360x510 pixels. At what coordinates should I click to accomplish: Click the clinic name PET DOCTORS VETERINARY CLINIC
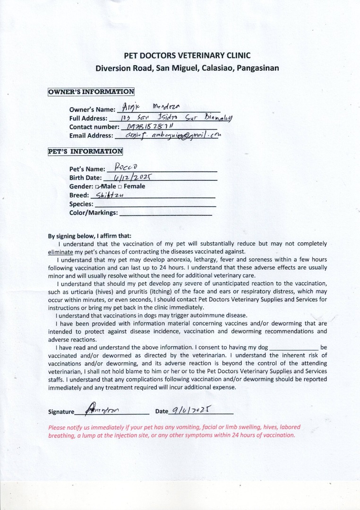pyautogui.click(x=187, y=55)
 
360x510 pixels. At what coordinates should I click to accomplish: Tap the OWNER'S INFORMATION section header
pyautogui.click(x=91, y=92)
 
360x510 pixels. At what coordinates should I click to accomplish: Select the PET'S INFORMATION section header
pyautogui.click(x=86, y=152)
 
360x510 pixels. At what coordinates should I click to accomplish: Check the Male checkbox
pyautogui.click(x=97, y=187)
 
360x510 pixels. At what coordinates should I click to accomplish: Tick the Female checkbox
pyautogui.click(x=120, y=187)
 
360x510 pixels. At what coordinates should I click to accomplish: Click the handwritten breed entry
pyautogui.click(x=109, y=195)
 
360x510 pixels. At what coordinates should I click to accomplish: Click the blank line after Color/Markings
pyautogui.click(x=166, y=213)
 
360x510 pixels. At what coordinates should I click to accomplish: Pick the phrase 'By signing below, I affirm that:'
pyautogui.click(x=90, y=236)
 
